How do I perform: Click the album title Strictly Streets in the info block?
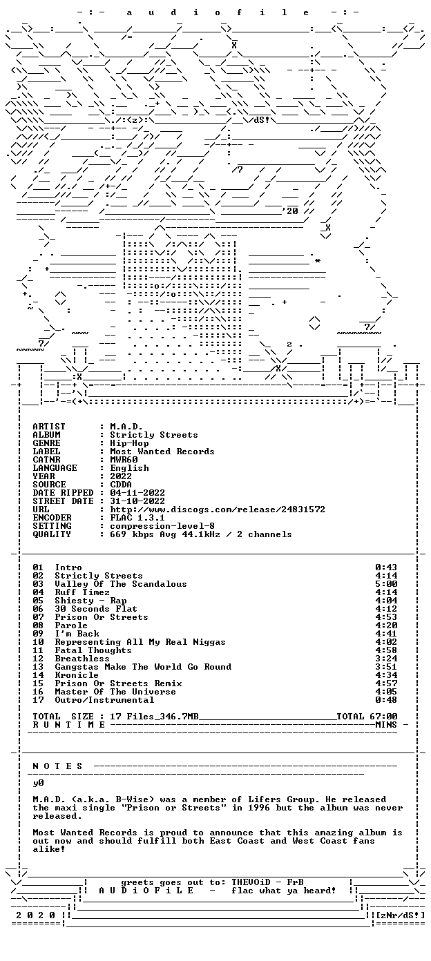click(154, 435)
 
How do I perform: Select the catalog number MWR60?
click(124, 460)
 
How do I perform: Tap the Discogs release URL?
click(218, 509)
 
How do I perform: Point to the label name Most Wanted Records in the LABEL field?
click(162, 452)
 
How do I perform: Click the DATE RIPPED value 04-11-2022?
click(137, 493)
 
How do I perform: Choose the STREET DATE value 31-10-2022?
click(137, 501)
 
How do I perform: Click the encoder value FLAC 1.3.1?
click(137, 518)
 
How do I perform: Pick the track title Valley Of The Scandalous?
click(121, 584)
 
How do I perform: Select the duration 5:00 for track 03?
click(386, 584)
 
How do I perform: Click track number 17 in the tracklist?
click(38, 700)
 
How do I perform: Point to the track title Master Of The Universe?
click(115, 692)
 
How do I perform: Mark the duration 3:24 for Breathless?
click(386, 659)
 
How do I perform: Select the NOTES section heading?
click(57, 766)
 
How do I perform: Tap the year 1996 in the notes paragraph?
click(259, 808)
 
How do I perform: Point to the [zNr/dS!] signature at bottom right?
click(400, 915)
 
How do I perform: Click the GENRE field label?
click(46, 443)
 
